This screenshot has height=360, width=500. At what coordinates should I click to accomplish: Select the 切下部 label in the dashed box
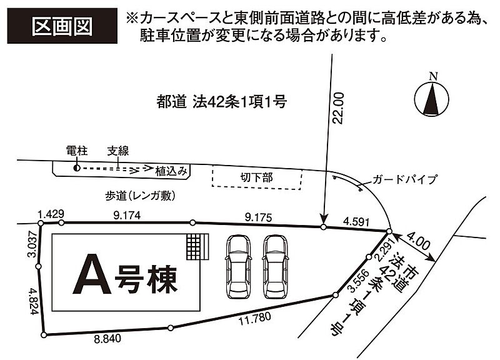[x=256, y=177]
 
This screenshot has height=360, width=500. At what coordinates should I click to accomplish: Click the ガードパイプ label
[x=404, y=179]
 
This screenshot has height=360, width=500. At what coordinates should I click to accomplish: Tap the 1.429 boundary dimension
[x=51, y=214]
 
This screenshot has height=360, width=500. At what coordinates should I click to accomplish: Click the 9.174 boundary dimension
[x=127, y=215]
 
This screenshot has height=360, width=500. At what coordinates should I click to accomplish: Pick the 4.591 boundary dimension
[x=357, y=220]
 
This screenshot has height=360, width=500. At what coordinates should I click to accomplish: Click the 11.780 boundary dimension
[x=255, y=317]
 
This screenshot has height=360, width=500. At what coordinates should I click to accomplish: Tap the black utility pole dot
[x=76, y=167]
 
